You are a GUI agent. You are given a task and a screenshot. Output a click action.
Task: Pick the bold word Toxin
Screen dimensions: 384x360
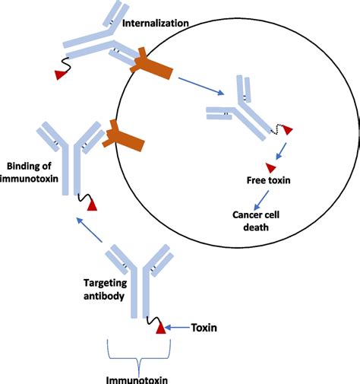[x=202, y=328]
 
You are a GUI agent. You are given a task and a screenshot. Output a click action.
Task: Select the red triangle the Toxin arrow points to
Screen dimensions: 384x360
[x=160, y=329]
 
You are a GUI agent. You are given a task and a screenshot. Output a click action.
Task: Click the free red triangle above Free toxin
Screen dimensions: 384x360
[x=270, y=167]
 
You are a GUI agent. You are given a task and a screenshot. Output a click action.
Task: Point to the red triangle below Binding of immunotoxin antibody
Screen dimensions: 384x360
[x=92, y=205]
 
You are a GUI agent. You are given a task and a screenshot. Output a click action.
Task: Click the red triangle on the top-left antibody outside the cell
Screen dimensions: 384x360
[x=59, y=73]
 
